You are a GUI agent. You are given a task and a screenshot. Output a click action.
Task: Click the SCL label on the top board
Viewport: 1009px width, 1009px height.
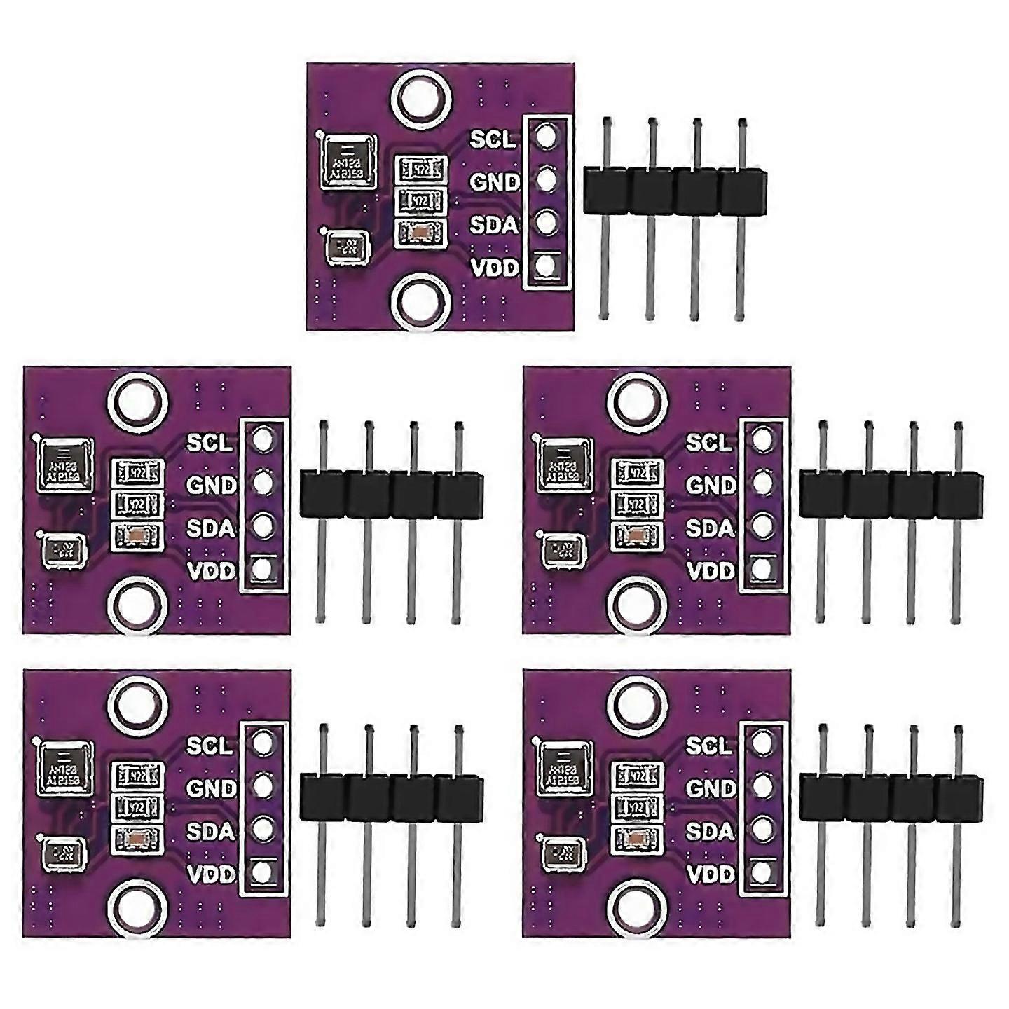point(493,139)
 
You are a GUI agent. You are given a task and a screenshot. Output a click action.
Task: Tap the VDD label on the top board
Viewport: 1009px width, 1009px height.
point(494,268)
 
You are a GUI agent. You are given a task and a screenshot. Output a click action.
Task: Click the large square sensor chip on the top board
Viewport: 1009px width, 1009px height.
point(349,162)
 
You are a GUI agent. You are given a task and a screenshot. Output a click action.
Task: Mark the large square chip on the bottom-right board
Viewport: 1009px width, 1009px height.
point(565,768)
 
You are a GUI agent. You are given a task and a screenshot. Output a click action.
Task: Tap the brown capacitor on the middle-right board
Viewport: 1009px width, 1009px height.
point(638,537)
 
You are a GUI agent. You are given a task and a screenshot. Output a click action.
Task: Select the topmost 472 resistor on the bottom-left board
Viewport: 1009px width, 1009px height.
point(138,776)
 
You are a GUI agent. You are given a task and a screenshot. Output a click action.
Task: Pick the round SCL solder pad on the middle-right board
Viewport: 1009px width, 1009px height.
point(762,440)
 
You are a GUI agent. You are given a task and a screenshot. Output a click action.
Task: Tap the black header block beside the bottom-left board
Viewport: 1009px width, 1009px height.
point(392,797)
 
